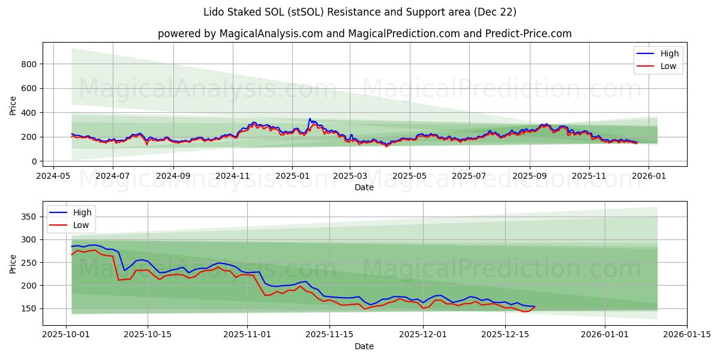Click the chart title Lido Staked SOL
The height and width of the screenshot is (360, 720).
pyautogui.click(x=360, y=12)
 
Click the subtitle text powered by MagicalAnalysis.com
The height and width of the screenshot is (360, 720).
pyautogui.click(x=364, y=34)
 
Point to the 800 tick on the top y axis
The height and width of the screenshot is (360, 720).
pyautogui.click(x=30, y=64)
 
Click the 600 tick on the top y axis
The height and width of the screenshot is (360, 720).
pyautogui.click(x=30, y=88)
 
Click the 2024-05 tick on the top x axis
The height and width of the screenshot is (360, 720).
pyautogui.click(x=54, y=177)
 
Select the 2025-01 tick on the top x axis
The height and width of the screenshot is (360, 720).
pyautogui.click(x=292, y=177)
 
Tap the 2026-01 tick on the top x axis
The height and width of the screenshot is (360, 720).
pyautogui.click(x=648, y=177)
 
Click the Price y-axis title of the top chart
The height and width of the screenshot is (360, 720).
pyautogui.click(x=13, y=104)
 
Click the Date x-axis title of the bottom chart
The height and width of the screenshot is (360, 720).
pyautogui.click(x=364, y=347)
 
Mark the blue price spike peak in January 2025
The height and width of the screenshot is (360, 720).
pyautogui.click(x=310, y=119)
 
